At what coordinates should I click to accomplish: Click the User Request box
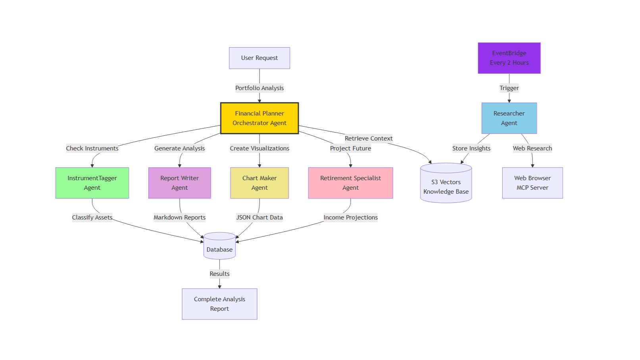coord(259,58)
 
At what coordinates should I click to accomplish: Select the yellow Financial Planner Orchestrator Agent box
coord(259,118)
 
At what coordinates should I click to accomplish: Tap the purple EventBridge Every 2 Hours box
coord(509,58)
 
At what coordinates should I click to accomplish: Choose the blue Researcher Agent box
coord(509,118)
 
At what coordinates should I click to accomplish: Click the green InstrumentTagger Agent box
coord(92,183)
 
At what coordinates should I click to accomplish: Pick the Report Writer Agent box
coord(180,183)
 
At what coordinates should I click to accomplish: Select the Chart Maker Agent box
coord(259,183)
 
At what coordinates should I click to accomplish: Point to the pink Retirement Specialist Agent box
coord(351,183)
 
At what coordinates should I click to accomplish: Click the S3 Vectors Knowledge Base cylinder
coord(446,183)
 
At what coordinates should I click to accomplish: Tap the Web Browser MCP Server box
coord(532,183)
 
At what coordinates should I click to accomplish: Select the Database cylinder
coord(219,246)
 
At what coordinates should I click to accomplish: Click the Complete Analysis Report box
coord(219,304)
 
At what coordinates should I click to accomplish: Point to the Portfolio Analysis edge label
coord(259,88)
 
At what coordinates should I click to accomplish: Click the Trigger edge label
coord(509,88)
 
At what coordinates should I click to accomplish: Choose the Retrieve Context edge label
coord(369,138)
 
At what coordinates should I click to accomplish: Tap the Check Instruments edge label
coord(92,148)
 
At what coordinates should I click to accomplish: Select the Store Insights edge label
coord(471,148)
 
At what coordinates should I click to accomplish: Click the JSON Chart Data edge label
coord(259,218)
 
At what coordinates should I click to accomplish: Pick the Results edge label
coord(219,274)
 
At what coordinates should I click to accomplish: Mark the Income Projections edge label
coord(351,218)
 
